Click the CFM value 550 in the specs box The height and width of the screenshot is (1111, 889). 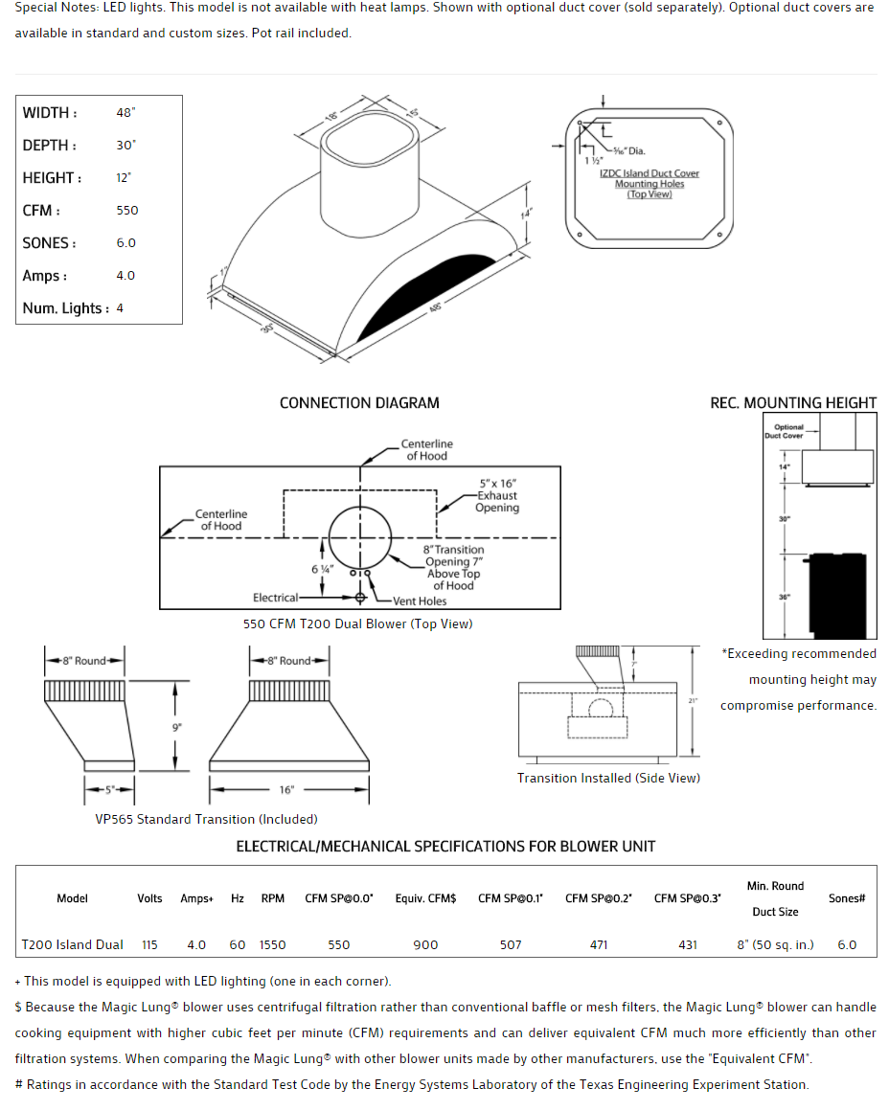pyautogui.click(x=126, y=211)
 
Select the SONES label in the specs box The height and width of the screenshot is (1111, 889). pyautogui.click(x=49, y=243)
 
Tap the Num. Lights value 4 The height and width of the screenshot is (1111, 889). pyautogui.click(x=120, y=308)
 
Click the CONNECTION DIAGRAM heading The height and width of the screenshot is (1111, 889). pyautogui.click(x=359, y=403)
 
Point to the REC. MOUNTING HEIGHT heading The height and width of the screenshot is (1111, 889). pyautogui.click(x=792, y=403)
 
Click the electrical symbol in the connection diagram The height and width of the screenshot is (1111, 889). pyautogui.click(x=360, y=598)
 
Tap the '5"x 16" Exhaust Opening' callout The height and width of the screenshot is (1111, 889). pyautogui.click(x=497, y=496)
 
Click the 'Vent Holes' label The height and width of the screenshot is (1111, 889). pyautogui.click(x=419, y=601)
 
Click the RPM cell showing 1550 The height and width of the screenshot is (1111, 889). pyautogui.click(x=272, y=944)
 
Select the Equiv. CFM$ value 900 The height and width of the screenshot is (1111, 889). pyautogui.click(x=425, y=944)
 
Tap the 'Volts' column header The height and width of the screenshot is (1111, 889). pyautogui.click(x=149, y=898)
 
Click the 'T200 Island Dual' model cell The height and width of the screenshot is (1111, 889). pyautogui.click(x=73, y=944)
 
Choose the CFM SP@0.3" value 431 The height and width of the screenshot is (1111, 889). pyautogui.click(x=688, y=944)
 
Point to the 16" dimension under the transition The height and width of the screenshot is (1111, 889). pyautogui.click(x=286, y=790)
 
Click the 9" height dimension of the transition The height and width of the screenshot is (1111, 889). pyautogui.click(x=176, y=728)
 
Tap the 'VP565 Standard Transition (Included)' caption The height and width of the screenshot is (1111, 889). pyautogui.click(x=206, y=819)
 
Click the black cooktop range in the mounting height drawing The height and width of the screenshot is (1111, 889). pyautogui.click(x=838, y=595)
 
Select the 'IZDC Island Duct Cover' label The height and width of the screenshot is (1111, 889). pyautogui.click(x=650, y=173)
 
